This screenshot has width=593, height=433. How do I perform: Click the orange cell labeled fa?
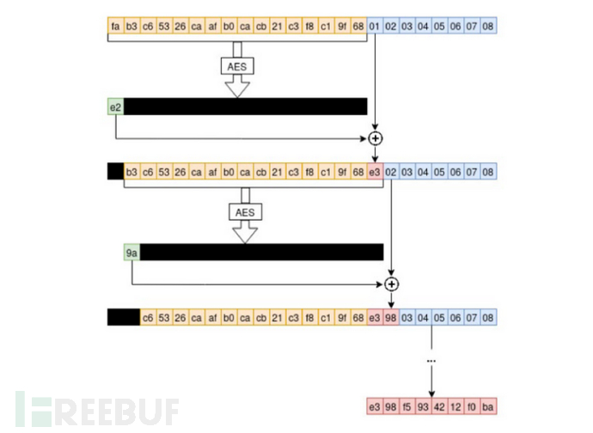coord(115,27)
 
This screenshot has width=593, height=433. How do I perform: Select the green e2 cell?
coord(115,107)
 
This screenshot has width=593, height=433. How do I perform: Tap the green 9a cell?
coord(131,252)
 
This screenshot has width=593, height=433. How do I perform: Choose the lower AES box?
coord(245,211)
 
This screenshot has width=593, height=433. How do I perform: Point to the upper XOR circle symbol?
coord(376,137)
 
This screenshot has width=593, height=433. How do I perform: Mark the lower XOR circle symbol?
coord(392,284)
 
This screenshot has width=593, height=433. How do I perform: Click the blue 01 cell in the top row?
coord(375,27)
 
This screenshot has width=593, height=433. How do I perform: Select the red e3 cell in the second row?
coord(375,172)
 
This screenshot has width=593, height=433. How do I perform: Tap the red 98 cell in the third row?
coord(392,318)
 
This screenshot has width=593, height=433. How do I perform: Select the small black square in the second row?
coord(115,172)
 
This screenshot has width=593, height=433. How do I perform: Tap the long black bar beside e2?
coord(245,107)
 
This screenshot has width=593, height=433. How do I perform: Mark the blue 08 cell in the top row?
coord(489,27)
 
